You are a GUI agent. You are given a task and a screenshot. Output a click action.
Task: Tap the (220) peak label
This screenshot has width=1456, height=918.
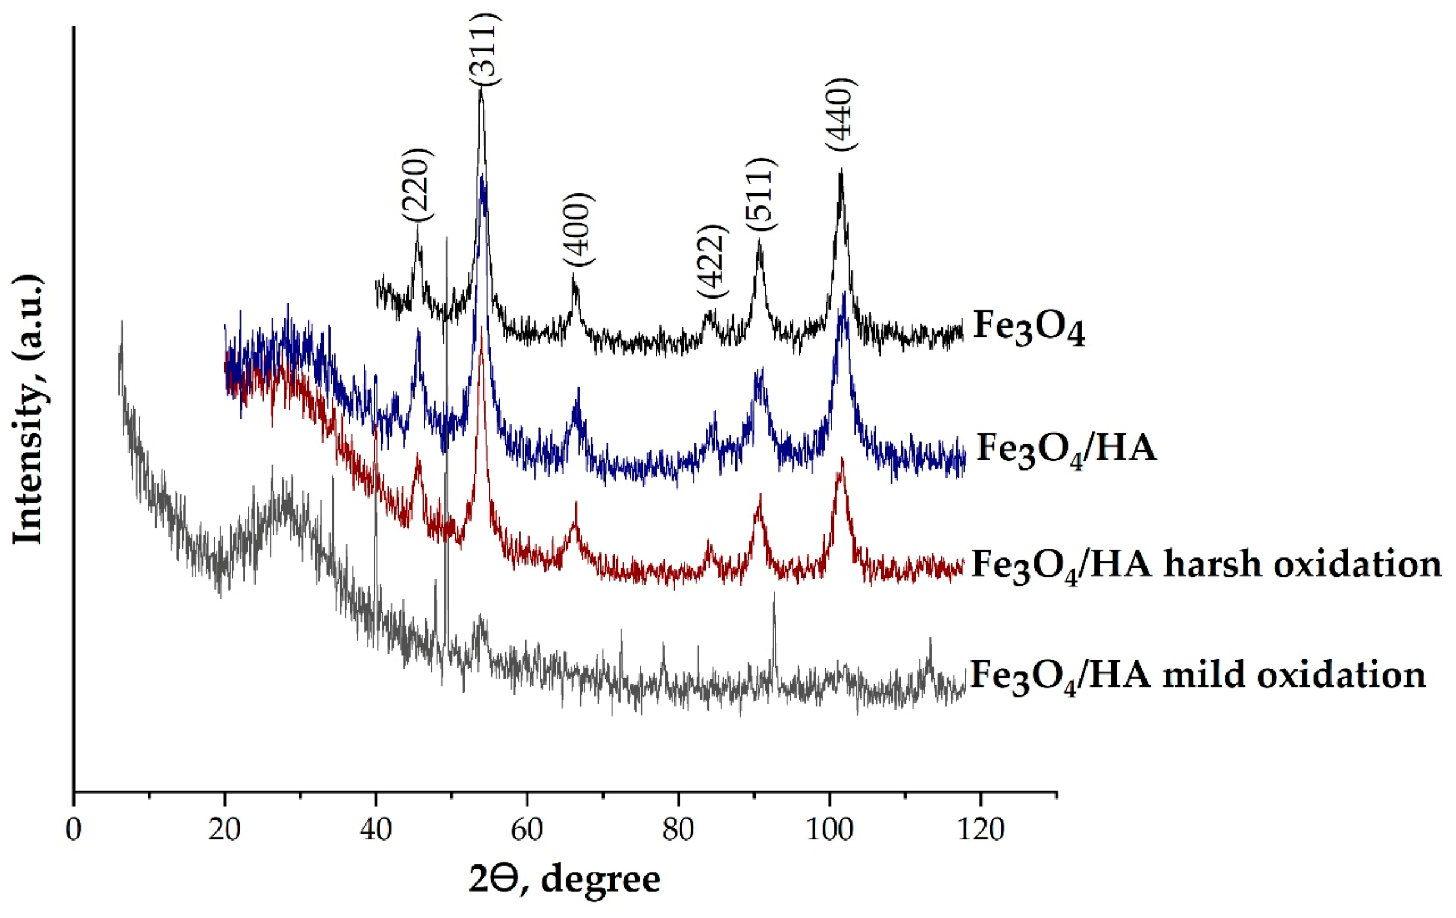point(417,185)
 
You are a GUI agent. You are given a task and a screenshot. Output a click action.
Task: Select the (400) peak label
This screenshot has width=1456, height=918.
point(578,230)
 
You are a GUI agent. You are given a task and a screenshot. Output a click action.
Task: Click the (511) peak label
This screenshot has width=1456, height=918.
point(760,193)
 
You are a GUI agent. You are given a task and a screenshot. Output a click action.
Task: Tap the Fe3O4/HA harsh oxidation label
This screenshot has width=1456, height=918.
point(1205,565)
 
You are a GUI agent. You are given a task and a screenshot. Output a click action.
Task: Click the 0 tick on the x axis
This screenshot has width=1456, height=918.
point(74,831)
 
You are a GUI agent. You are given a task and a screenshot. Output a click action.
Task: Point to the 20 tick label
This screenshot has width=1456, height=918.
point(225,831)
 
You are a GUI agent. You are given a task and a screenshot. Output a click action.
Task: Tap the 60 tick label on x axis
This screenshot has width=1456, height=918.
point(527,831)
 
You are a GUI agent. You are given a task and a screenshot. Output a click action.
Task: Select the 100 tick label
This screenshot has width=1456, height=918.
point(829,831)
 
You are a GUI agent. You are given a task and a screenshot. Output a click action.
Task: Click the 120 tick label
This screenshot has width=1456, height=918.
point(981,831)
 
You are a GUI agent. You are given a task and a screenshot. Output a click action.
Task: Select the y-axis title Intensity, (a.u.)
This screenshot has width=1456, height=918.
point(29,409)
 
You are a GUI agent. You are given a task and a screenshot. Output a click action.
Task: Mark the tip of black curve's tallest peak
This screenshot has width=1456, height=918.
point(481,88)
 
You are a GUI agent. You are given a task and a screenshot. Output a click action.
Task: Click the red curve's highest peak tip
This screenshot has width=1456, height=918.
point(481,328)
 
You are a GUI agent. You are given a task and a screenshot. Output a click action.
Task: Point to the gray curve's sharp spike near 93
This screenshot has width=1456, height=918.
point(775,594)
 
